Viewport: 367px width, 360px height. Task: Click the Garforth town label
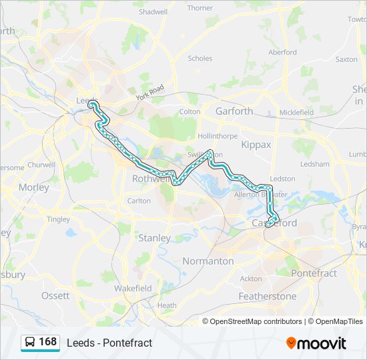pos(234,111)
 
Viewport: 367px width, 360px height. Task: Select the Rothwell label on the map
pos(151,179)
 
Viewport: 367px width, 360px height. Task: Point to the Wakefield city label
pos(133,289)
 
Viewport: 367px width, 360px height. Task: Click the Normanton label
pos(208,261)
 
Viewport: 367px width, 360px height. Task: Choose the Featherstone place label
pos(268,296)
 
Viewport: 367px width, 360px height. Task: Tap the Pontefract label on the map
pos(314,273)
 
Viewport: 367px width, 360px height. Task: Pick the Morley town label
pos(33,187)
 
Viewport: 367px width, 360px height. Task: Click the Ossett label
pos(55,295)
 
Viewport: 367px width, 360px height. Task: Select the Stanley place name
pos(154,237)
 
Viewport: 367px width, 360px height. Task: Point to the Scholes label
pos(200,59)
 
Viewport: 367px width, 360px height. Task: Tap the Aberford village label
pos(282,52)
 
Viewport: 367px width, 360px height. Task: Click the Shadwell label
pos(153,12)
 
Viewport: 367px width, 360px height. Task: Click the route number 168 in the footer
pos(47,342)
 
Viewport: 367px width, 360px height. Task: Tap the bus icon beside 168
pos(30,342)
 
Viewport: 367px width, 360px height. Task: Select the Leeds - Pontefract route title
pos(109,343)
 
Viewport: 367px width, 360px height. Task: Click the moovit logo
pos(316,343)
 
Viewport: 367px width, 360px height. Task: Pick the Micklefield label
pos(296,113)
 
